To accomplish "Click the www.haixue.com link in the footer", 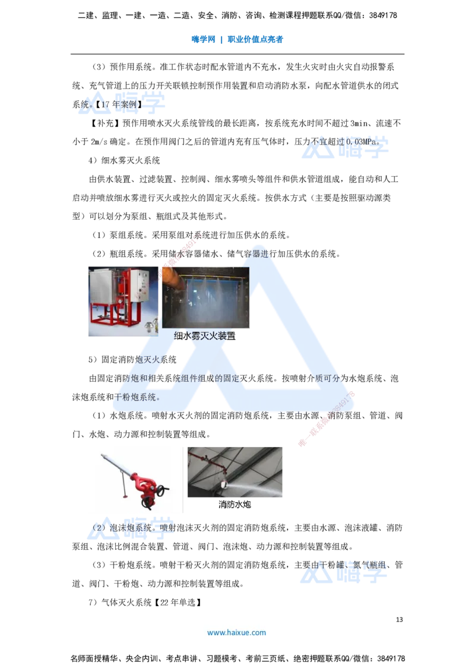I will pos(236,633).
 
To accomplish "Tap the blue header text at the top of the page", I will pos(237,40).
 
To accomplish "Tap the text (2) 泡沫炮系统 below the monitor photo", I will pos(128,527).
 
